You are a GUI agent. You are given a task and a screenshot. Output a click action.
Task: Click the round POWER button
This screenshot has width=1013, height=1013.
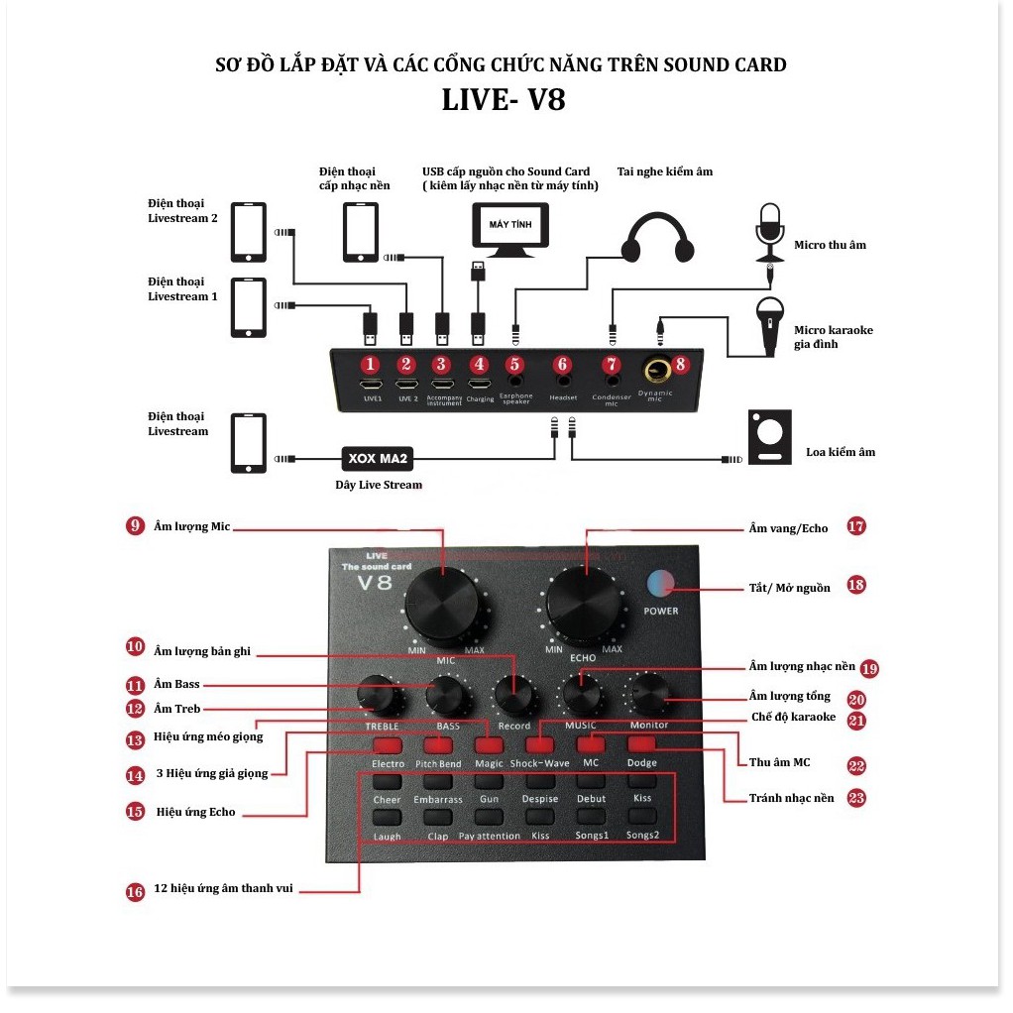pyautogui.click(x=659, y=583)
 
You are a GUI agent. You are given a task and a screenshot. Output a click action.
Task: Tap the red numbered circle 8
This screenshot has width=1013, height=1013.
pyautogui.click(x=680, y=364)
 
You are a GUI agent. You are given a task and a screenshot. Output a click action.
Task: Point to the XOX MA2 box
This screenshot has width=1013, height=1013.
pyautogui.click(x=377, y=458)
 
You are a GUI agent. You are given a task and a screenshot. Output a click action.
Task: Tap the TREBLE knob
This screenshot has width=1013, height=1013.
pyautogui.click(x=383, y=696)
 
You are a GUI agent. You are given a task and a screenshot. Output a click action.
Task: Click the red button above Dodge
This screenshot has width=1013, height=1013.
pyautogui.click(x=642, y=744)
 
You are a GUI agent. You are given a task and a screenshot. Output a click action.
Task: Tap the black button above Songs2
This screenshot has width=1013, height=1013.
pyautogui.click(x=642, y=817)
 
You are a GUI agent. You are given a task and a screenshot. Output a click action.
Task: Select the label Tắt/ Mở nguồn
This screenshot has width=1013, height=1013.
pyautogui.click(x=789, y=588)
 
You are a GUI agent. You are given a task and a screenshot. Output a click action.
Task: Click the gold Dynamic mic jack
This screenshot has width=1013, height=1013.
pyautogui.click(x=654, y=371)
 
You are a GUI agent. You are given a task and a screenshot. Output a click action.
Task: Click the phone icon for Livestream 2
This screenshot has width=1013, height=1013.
pyautogui.click(x=249, y=232)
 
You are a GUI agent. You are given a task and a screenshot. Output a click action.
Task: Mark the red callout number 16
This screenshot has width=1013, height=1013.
pyautogui.click(x=136, y=892)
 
